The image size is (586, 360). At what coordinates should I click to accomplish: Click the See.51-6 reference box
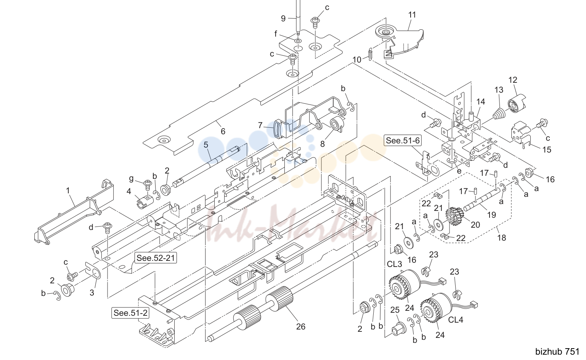403,141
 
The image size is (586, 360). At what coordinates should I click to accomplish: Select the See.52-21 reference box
156,258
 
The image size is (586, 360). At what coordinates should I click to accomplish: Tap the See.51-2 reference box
130,313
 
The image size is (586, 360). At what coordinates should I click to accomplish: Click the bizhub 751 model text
557,352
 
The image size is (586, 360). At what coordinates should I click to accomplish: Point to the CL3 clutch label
394,264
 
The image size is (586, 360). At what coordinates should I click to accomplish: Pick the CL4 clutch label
456,320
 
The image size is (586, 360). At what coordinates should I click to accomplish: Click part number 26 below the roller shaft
300,326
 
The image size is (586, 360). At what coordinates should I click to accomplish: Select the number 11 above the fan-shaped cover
412,15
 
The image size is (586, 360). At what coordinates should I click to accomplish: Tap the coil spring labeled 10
370,54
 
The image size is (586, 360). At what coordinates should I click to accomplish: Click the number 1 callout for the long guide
68,191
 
